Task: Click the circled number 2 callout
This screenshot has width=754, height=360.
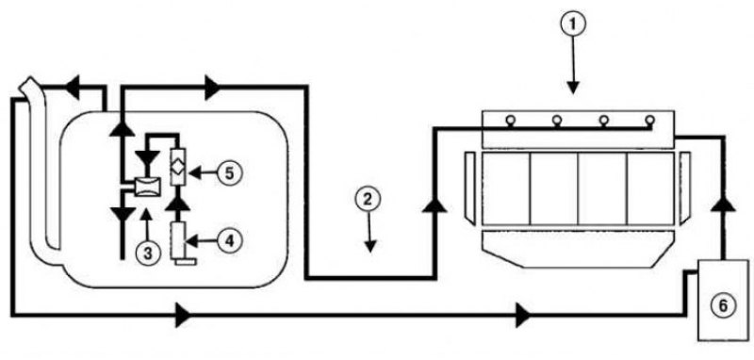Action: tap(368, 201)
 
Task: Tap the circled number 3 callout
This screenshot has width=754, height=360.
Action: tap(148, 252)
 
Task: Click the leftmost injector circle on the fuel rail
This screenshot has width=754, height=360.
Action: tap(508, 121)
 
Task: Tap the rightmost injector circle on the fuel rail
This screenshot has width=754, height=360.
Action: tap(649, 121)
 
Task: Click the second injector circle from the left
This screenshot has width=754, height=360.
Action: tap(557, 121)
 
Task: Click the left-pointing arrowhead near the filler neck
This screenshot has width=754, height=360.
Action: tap(73, 87)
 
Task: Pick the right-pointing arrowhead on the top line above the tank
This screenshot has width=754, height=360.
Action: tap(211, 87)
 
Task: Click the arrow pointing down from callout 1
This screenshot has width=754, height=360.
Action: tap(572, 65)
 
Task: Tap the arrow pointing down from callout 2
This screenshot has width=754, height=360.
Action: tap(369, 233)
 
